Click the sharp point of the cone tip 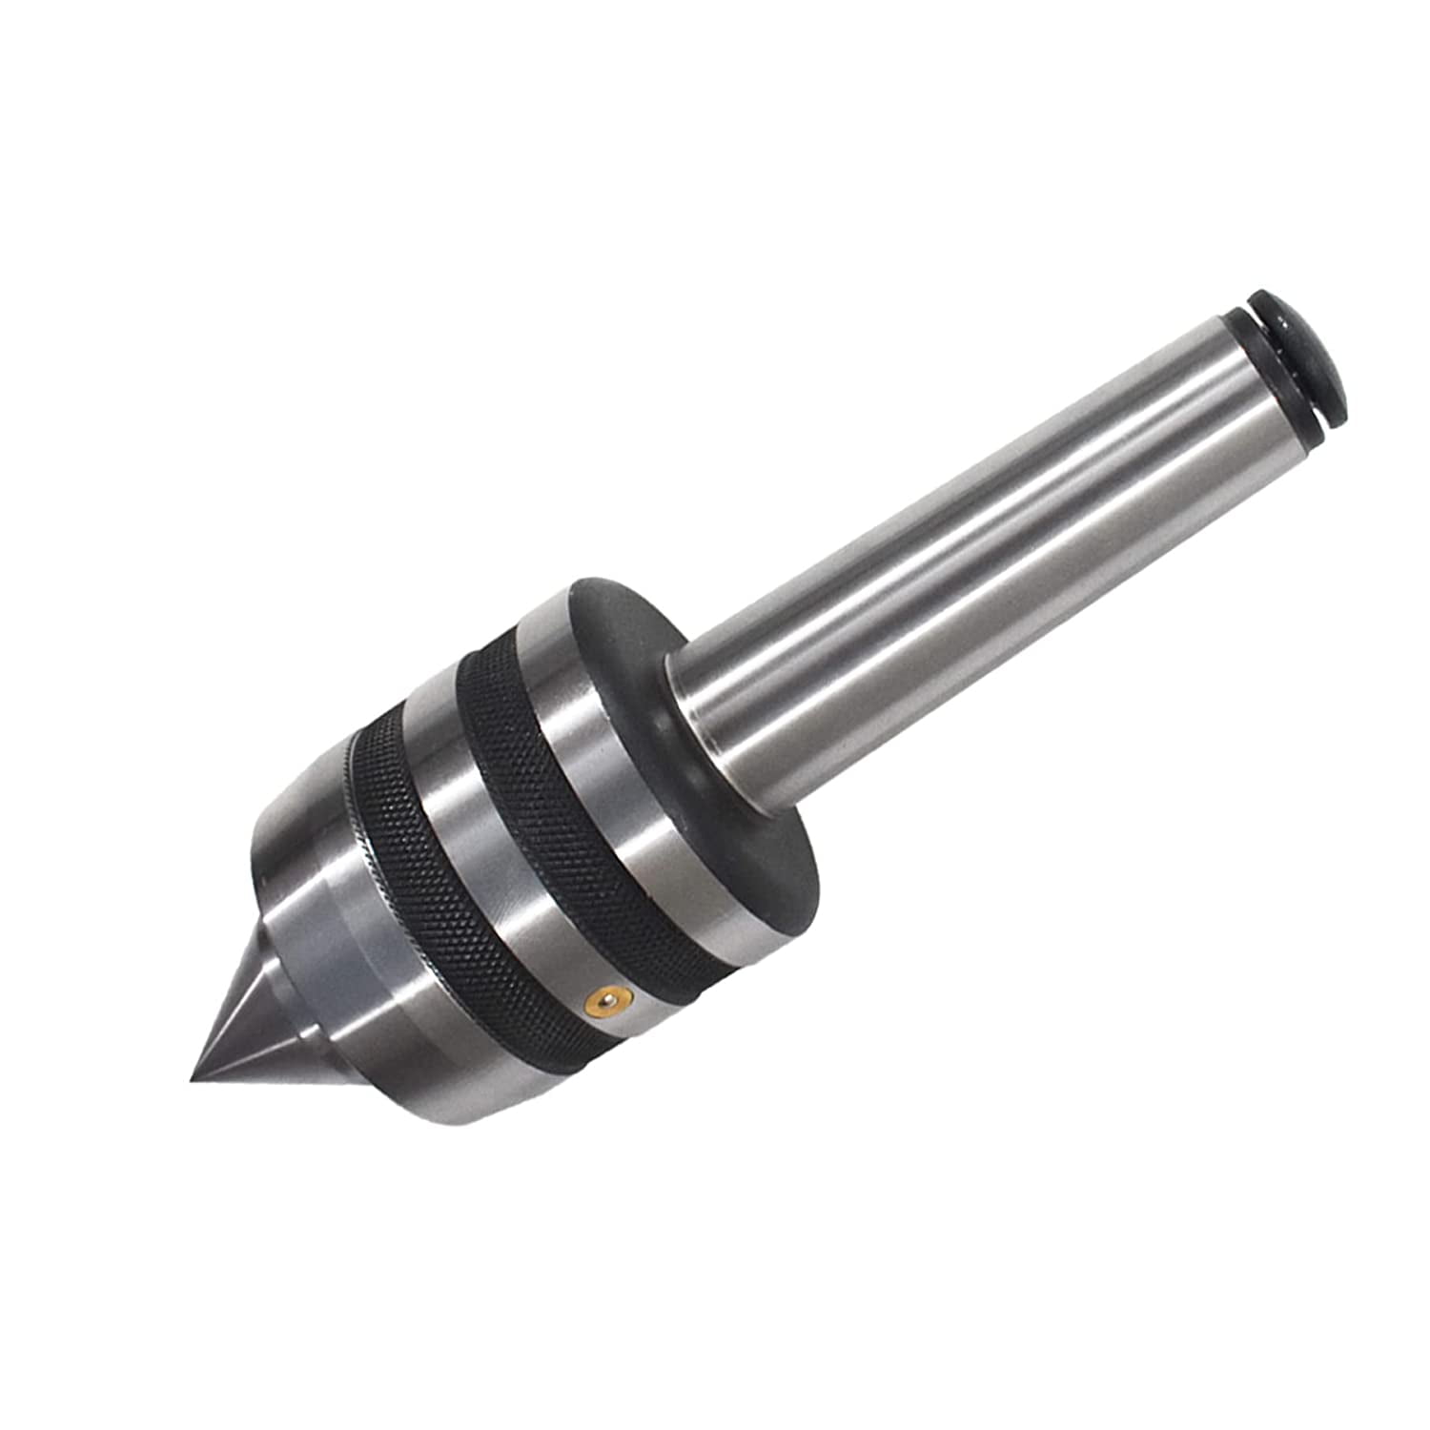click(x=194, y=1080)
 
